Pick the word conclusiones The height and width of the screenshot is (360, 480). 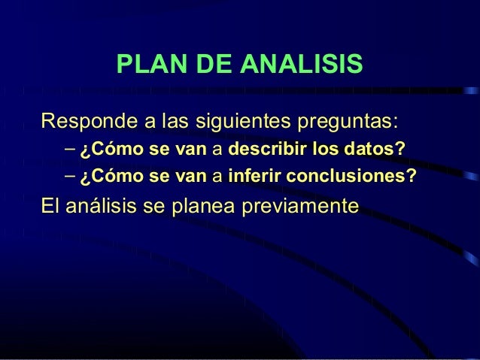point(351,178)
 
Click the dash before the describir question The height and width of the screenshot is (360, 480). point(69,150)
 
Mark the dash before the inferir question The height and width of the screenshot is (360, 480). point(69,178)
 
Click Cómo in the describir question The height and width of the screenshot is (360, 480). point(114,150)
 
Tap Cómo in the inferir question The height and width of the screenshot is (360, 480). point(114,178)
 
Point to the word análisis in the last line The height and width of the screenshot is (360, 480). point(102,206)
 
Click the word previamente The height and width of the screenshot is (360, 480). point(309,206)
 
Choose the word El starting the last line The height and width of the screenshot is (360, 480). point(50,206)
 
